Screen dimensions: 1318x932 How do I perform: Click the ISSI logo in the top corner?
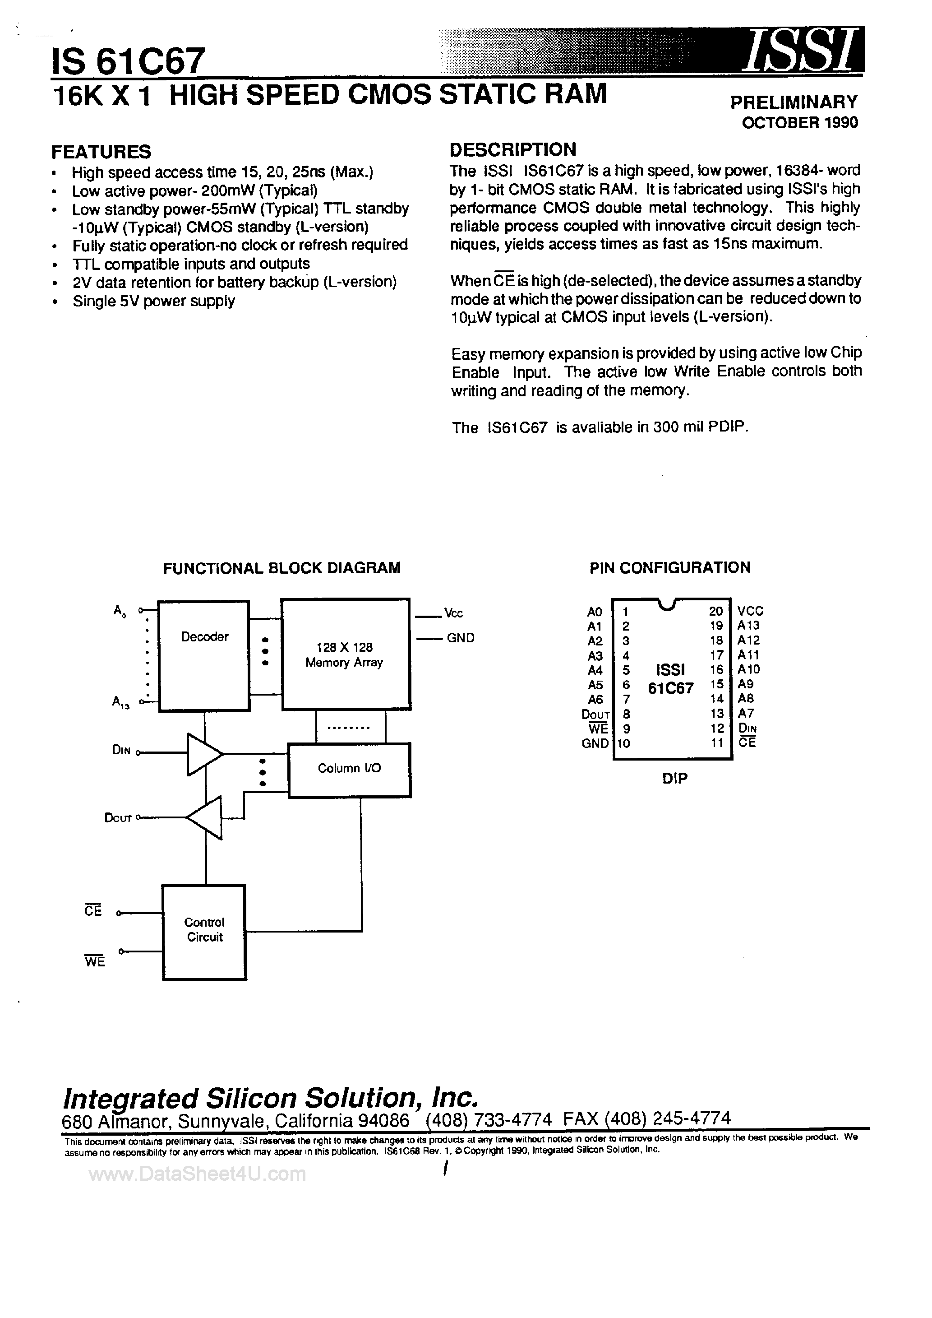tap(801, 51)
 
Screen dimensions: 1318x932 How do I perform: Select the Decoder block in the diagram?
tap(204, 655)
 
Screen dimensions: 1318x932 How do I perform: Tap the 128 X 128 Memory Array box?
tap(345, 654)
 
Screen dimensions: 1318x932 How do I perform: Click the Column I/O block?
tap(349, 770)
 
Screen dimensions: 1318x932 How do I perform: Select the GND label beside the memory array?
tap(460, 638)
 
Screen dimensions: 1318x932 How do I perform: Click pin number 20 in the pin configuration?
tap(715, 611)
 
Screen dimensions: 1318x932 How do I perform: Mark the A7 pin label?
tap(746, 714)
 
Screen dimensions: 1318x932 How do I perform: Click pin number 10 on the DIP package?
tap(624, 743)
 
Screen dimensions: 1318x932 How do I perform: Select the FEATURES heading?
tap(101, 152)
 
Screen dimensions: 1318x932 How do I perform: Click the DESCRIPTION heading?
tap(512, 150)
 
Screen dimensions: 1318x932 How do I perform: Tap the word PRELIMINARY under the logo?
tap(794, 102)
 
